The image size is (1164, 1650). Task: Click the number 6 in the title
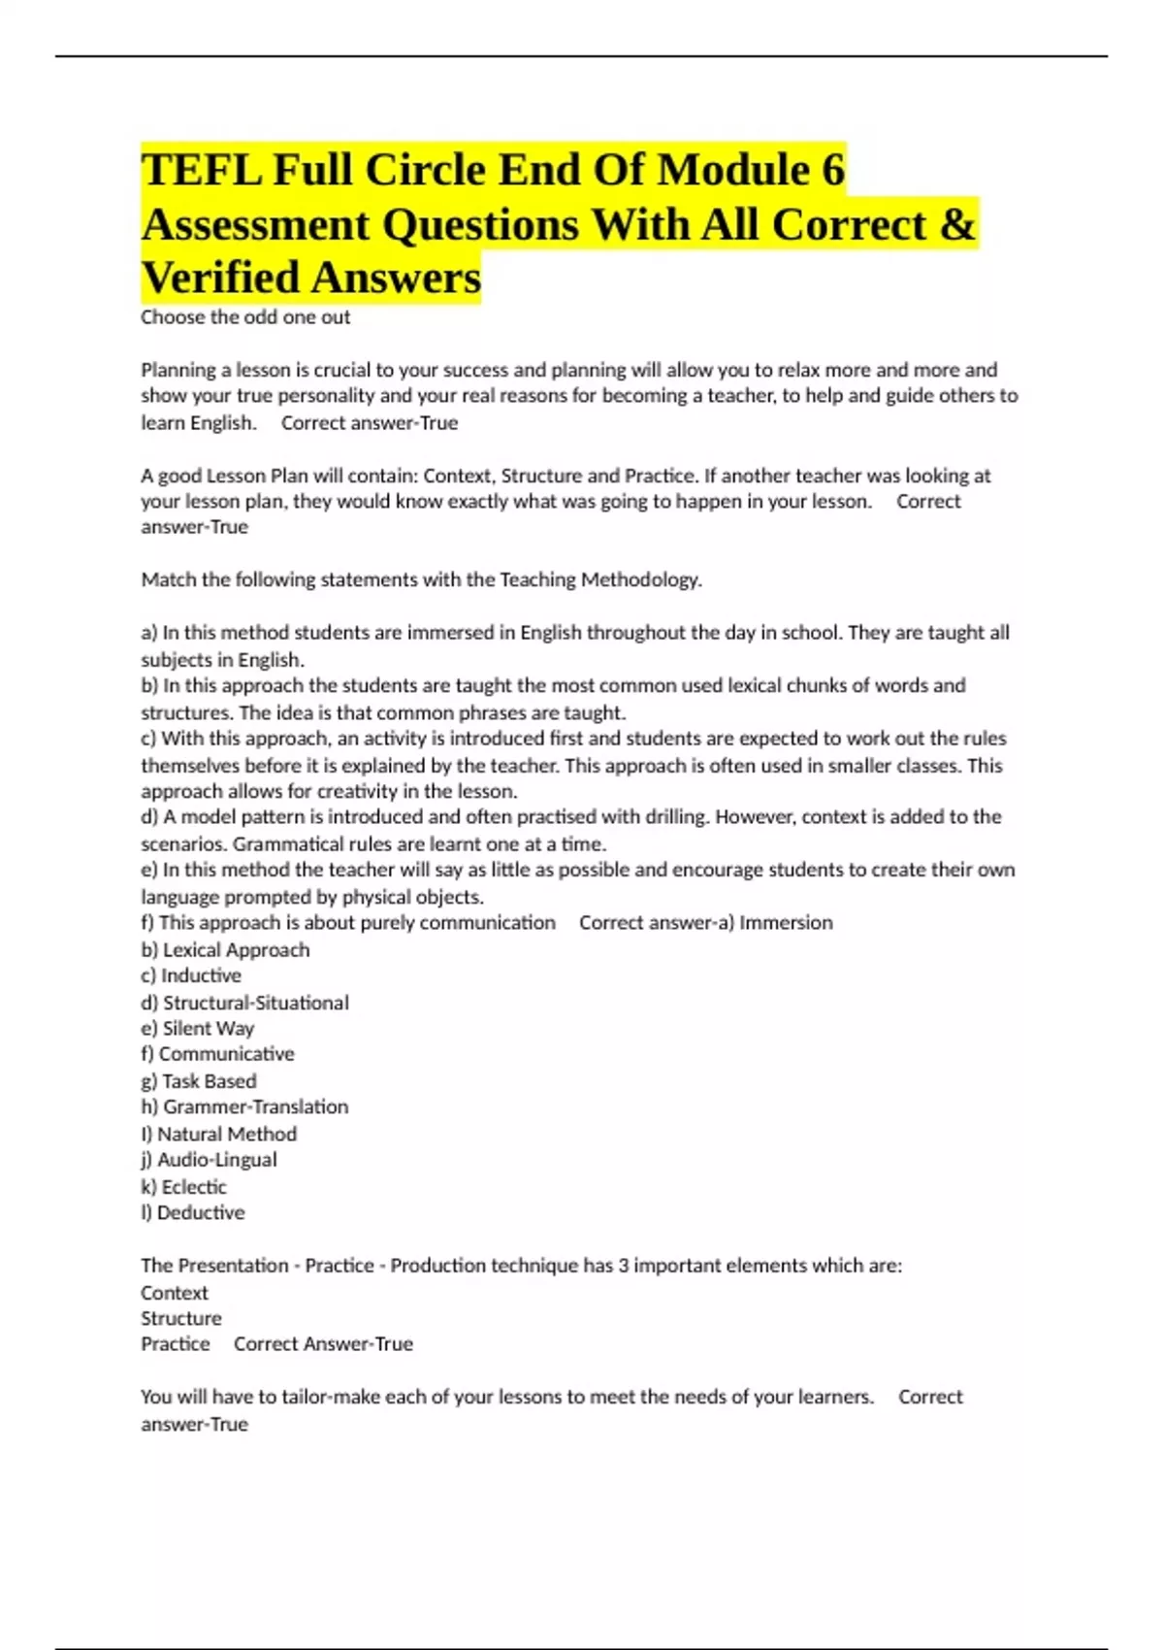[833, 171]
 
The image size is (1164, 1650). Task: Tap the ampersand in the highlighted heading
[957, 225]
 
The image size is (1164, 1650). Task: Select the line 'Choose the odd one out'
[245, 317]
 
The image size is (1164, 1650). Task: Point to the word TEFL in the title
[201, 171]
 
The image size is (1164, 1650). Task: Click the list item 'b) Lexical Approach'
[225, 950]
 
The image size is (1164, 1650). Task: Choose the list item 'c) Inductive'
[191, 975]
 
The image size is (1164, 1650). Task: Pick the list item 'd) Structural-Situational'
[244, 1003]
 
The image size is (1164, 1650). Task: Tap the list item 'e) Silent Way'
[197, 1029]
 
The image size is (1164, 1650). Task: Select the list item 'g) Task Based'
[199, 1081]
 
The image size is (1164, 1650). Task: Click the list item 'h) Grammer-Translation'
[244, 1107]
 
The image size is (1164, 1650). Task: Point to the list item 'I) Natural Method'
[218, 1134]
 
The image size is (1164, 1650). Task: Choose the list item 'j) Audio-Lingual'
[209, 1160]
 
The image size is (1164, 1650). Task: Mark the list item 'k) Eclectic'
[183, 1187]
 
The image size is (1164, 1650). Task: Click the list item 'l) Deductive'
[192, 1213]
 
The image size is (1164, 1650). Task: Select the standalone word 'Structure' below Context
[181, 1319]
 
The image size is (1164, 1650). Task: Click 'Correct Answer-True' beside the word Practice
[323, 1344]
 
